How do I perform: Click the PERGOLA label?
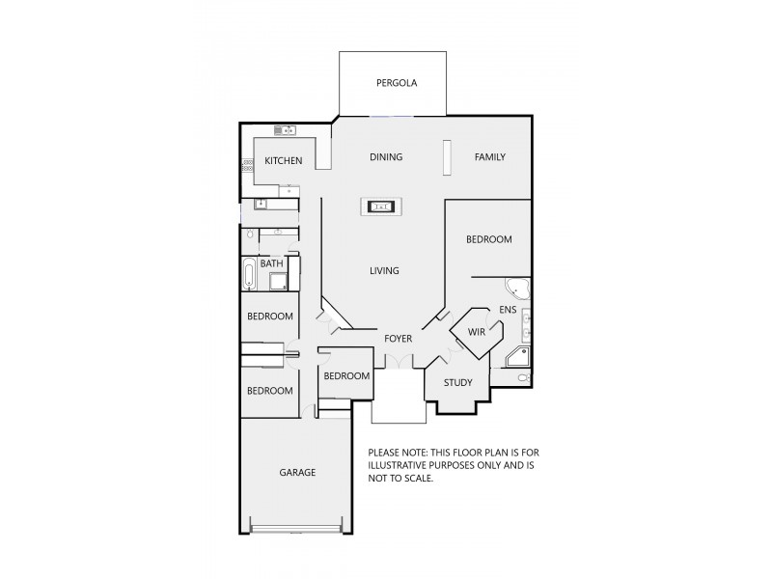[396, 83]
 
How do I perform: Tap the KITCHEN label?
[284, 160]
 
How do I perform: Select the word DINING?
[386, 157]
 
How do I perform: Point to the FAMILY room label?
[490, 157]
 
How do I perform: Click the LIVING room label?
[384, 271]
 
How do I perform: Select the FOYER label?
[399, 339]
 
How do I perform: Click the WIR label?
[477, 332]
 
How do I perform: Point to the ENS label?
[508, 310]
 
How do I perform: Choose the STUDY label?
[457, 383]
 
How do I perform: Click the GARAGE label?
[297, 473]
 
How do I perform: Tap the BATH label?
[272, 263]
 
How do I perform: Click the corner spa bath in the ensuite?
[516, 288]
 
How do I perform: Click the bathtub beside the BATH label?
[250, 274]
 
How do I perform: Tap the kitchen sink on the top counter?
[285, 130]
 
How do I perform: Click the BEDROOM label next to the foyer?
[346, 376]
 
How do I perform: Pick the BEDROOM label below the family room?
[488, 239]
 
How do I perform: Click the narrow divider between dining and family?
[447, 158]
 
